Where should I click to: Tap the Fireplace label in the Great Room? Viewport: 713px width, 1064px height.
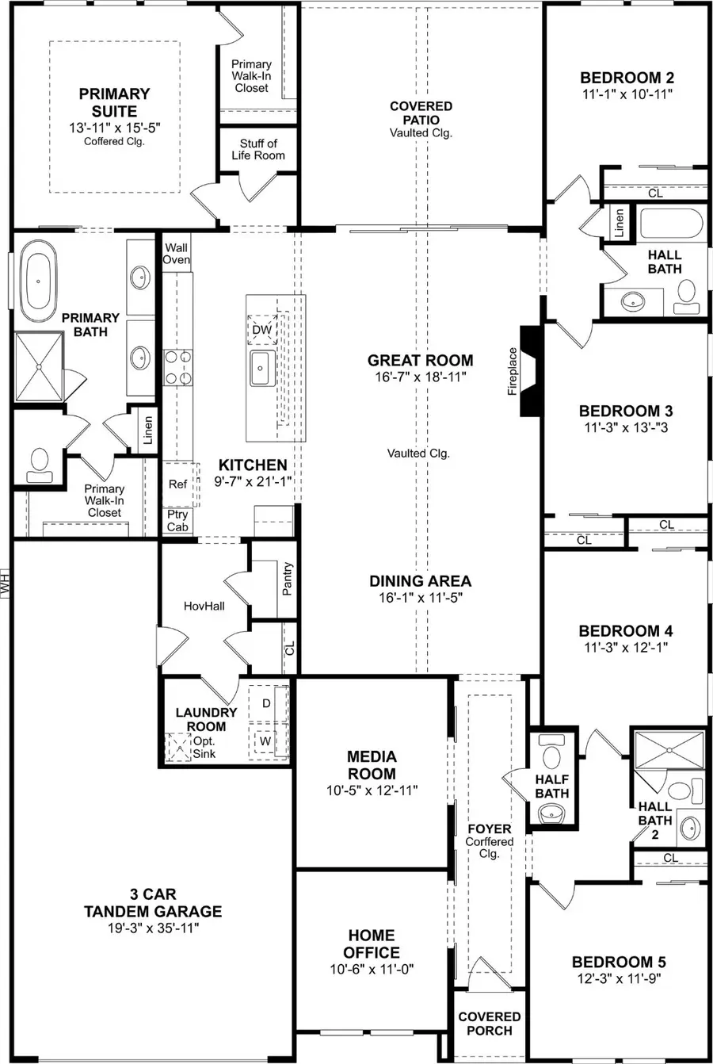[513, 371]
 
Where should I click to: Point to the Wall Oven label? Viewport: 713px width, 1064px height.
[176, 254]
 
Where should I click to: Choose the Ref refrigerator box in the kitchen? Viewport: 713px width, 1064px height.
[177, 484]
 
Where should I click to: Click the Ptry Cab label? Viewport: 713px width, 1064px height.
[177, 521]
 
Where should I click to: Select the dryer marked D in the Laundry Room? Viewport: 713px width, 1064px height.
[266, 703]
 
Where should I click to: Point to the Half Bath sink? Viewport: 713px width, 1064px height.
[551, 813]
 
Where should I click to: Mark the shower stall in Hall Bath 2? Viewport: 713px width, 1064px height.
[668, 748]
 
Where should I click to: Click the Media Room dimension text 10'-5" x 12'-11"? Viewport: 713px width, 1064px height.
[372, 790]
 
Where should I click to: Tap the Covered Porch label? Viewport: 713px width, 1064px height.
[490, 1024]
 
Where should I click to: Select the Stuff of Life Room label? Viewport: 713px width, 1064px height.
[258, 149]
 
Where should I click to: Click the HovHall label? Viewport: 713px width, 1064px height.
[204, 606]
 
